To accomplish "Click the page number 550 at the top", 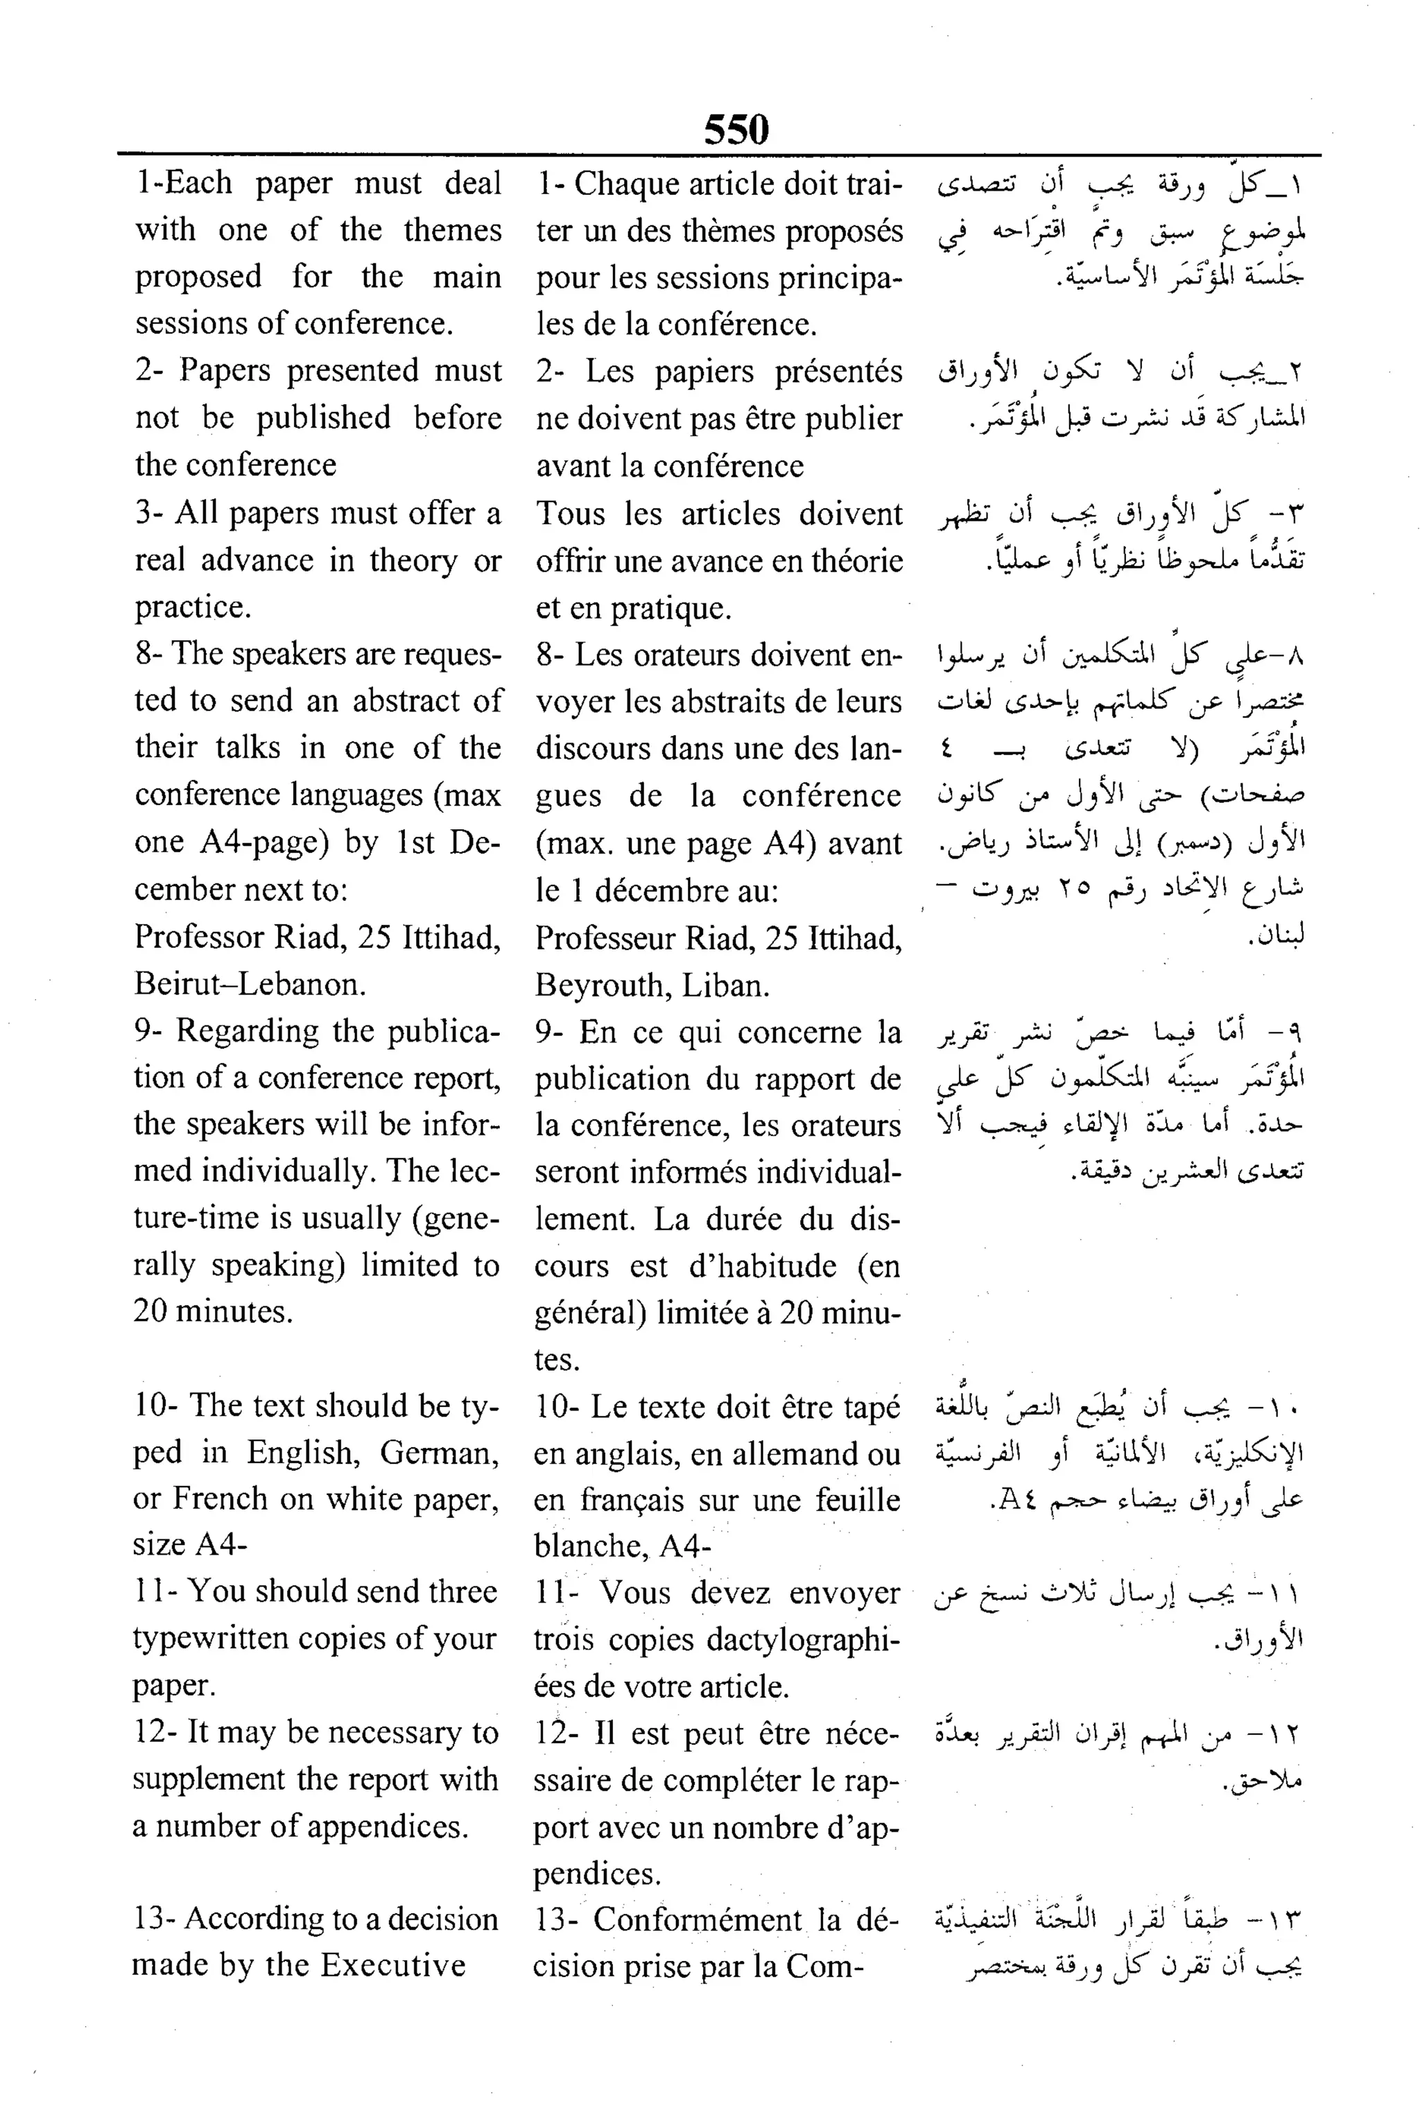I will [x=736, y=130].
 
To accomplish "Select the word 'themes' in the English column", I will [x=452, y=230].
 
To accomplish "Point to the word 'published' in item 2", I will [x=323, y=417].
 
